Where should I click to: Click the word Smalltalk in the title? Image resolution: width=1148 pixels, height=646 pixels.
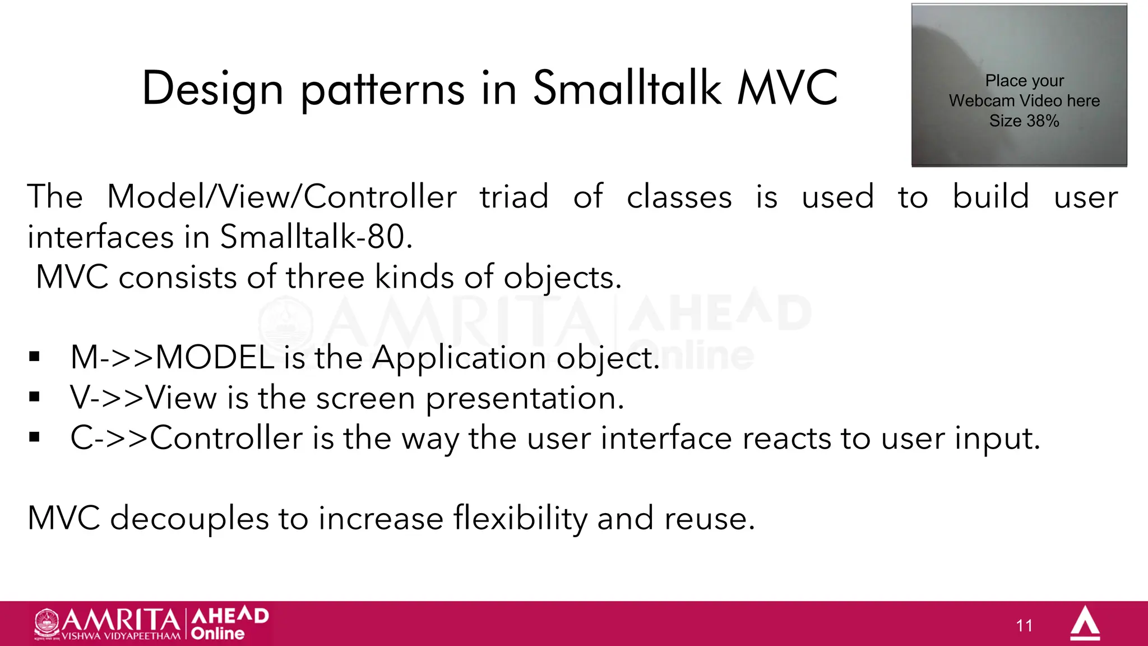click(x=627, y=88)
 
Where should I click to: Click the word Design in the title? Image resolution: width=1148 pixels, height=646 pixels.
click(x=212, y=89)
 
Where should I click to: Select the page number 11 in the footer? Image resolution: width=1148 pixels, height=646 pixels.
click(x=1024, y=625)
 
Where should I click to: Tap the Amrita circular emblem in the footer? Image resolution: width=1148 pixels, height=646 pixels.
click(x=47, y=622)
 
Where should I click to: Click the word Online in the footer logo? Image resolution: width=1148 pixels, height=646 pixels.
click(x=217, y=634)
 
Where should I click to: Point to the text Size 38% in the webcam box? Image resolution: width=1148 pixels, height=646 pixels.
click(x=1024, y=121)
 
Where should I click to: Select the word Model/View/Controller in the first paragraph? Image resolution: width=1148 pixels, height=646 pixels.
click(x=281, y=197)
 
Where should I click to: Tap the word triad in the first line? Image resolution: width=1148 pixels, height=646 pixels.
click(x=514, y=197)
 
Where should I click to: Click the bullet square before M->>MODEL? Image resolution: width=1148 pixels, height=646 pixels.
click(x=35, y=357)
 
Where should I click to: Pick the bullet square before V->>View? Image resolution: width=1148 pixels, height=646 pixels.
click(x=35, y=397)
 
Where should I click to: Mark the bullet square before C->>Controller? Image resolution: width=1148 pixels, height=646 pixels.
click(x=35, y=437)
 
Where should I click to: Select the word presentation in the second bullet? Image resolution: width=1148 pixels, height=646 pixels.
click(x=524, y=399)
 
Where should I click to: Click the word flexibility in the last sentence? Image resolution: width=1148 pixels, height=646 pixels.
click(x=520, y=518)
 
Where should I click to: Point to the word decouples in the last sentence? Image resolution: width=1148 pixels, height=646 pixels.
click(x=189, y=519)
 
